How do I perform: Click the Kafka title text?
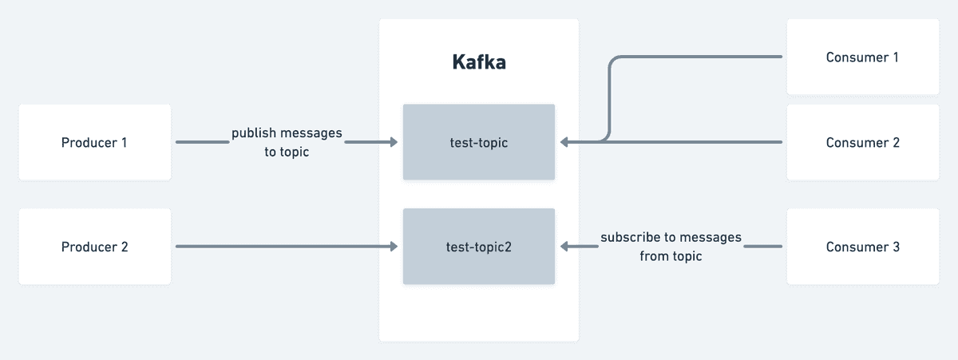pyautogui.click(x=478, y=62)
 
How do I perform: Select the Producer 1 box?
pyautogui.click(x=94, y=142)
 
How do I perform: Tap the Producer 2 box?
pyautogui.click(x=94, y=247)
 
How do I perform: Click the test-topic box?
pyautogui.click(x=478, y=142)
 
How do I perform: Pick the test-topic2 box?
pyautogui.click(x=478, y=247)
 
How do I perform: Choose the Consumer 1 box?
pyautogui.click(x=862, y=57)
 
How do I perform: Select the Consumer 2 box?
pyautogui.click(x=862, y=142)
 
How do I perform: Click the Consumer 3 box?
pyautogui.click(x=862, y=247)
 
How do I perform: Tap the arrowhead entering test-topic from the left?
pyautogui.click(x=393, y=142)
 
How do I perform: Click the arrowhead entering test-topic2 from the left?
pyautogui.click(x=393, y=247)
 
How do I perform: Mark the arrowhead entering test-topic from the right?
pyautogui.click(x=564, y=142)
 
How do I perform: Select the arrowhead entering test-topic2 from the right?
pyautogui.click(x=564, y=247)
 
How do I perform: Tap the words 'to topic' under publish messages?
pyautogui.click(x=286, y=152)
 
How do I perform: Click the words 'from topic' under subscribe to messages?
pyautogui.click(x=671, y=256)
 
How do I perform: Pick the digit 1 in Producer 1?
pyautogui.click(x=124, y=142)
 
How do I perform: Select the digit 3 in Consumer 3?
pyautogui.click(x=896, y=247)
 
